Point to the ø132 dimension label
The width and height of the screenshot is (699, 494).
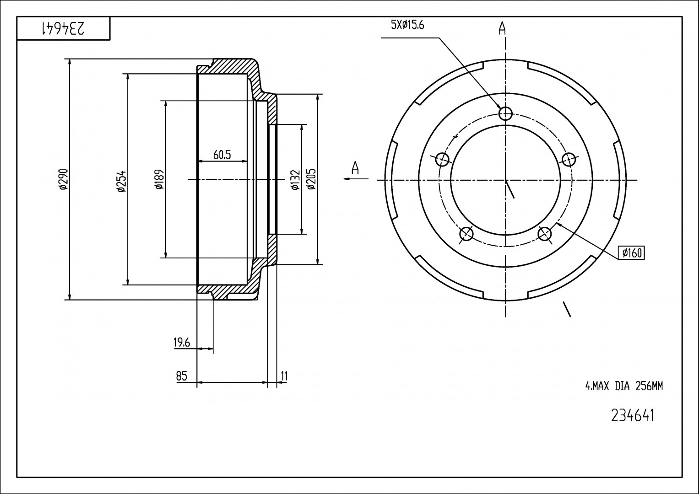click(295, 179)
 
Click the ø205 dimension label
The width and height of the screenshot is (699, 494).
click(311, 179)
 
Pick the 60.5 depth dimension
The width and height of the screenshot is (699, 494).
click(222, 155)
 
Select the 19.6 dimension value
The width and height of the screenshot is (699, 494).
click(182, 342)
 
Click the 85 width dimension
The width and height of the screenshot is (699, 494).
click(182, 376)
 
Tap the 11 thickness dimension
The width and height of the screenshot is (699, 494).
click(284, 376)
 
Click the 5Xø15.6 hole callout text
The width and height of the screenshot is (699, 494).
click(407, 25)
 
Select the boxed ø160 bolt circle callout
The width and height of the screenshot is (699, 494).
click(631, 252)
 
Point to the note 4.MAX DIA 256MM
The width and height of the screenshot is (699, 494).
click(624, 387)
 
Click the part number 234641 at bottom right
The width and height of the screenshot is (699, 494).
click(633, 415)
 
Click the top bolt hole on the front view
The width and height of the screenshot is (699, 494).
click(505, 113)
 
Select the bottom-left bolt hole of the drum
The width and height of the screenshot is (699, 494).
click(466, 234)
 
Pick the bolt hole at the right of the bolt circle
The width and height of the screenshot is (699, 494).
click(568, 159)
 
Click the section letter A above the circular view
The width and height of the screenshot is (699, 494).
click(502, 28)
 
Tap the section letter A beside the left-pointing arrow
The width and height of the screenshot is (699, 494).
click(355, 168)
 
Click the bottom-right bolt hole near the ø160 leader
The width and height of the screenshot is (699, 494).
click(544, 234)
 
